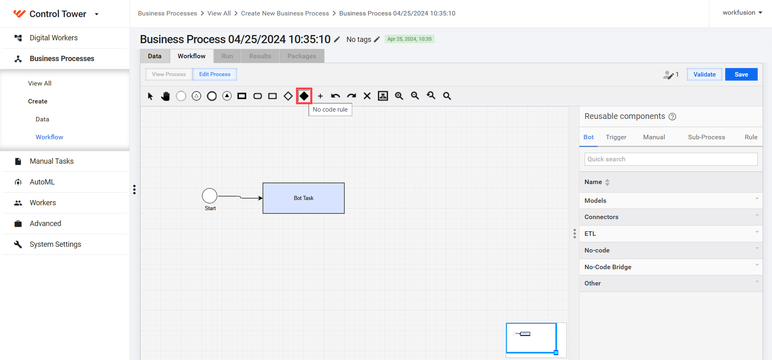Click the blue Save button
point(741,74)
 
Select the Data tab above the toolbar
point(155,56)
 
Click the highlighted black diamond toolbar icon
point(304,96)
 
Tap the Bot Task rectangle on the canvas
point(304,198)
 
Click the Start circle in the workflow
point(210,196)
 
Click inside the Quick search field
point(671,159)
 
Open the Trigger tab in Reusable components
point(616,137)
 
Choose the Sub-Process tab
point(706,137)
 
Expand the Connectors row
point(671,217)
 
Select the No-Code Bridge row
point(671,267)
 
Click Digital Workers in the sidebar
point(54,38)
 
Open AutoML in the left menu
point(42,182)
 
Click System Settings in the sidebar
point(55,244)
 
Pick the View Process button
point(169,74)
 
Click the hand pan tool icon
point(165,96)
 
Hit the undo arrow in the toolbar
point(336,96)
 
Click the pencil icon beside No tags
point(377,39)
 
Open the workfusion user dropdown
point(742,13)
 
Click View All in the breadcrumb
point(219,13)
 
